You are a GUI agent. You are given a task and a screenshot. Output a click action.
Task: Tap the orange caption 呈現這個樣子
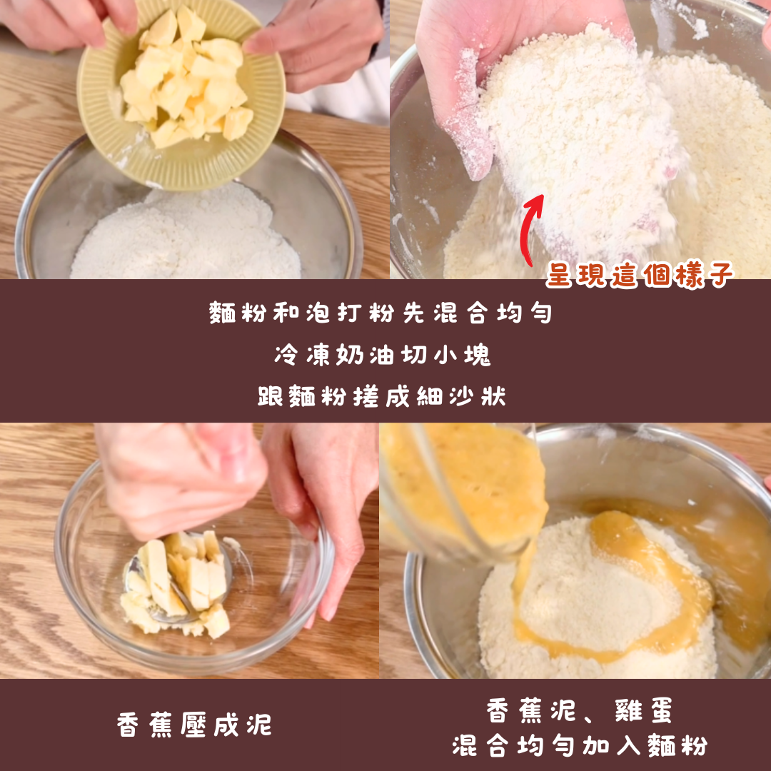639,275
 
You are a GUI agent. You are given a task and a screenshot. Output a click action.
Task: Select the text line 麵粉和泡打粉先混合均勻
381,312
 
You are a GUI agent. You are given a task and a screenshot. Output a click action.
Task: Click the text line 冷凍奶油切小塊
383,355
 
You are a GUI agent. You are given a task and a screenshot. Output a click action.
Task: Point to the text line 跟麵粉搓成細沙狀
381,395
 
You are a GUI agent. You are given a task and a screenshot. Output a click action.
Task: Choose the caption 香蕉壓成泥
194,725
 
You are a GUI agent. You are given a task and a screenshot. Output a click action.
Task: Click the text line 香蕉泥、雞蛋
579,711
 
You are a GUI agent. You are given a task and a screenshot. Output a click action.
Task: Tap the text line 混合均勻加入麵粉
580,745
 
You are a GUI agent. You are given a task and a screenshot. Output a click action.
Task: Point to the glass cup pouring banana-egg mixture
462,492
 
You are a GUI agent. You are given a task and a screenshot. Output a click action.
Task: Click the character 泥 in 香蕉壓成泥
260,725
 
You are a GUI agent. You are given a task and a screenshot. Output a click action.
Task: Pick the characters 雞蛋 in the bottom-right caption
644,711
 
